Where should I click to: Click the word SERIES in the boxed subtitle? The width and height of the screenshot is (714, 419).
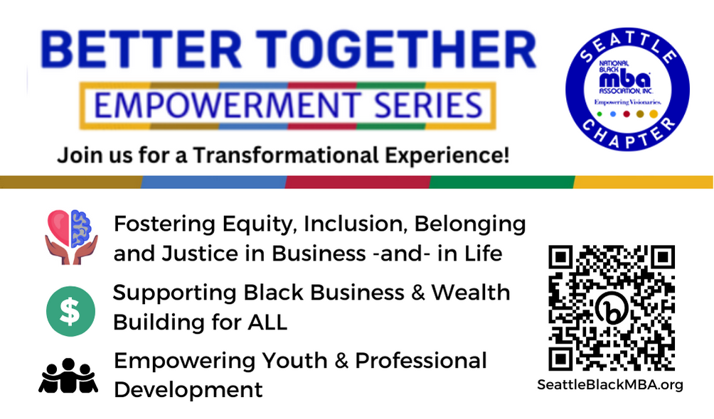click(428, 106)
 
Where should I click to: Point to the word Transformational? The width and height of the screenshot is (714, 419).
click(285, 155)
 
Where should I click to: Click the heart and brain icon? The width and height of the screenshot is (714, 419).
click(72, 237)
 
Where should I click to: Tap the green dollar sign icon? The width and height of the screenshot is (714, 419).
click(70, 311)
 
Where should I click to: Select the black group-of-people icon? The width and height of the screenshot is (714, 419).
click(68, 376)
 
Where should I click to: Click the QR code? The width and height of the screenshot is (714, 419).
click(612, 308)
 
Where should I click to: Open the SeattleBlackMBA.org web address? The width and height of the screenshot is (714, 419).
click(610, 385)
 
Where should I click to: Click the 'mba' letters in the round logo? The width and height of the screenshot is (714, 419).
click(624, 80)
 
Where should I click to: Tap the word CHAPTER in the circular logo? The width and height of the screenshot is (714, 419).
click(629, 134)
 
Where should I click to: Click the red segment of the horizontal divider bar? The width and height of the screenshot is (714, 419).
click(358, 182)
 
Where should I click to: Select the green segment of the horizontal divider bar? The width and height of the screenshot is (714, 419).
click(502, 182)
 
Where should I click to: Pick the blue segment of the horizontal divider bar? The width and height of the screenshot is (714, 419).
click(213, 182)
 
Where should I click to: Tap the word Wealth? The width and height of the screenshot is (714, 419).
click(471, 293)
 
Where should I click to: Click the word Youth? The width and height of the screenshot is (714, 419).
click(294, 361)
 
